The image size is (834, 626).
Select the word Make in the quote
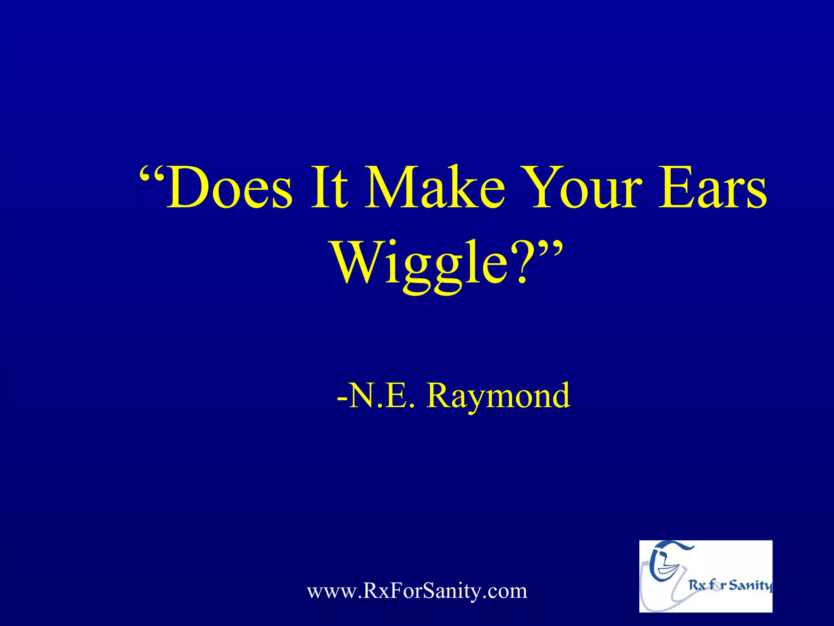434,187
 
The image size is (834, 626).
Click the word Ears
713,187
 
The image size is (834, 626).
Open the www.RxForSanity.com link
417,591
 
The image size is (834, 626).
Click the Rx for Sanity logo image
705,576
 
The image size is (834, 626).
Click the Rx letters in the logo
697,586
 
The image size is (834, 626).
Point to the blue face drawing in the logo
666,562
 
